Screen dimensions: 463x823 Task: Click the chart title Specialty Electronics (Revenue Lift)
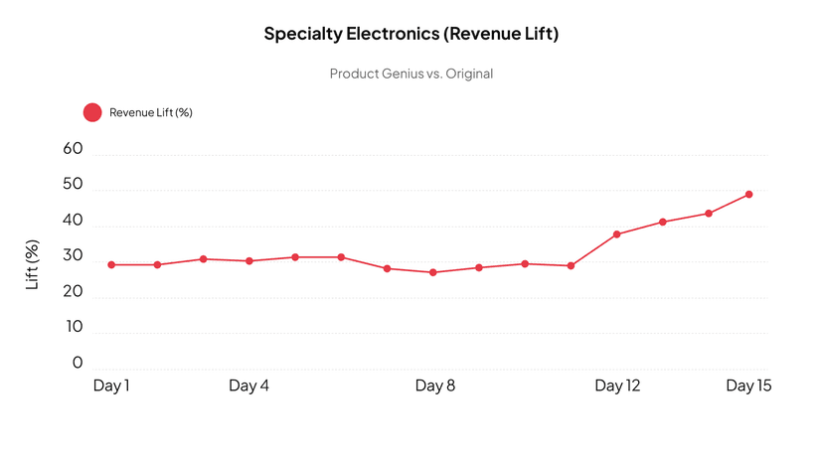click(411, 34)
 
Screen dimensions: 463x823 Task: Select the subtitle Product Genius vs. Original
click(411, 74)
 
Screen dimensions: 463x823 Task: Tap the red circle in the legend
click(92, 112)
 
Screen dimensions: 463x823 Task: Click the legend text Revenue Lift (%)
click(150, 112)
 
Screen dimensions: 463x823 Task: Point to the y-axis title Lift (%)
click(32, 264)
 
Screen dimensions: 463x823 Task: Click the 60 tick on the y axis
click(73, 149)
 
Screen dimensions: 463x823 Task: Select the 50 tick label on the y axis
click(73, 185)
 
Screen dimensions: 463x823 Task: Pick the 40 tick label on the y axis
click(73, 221)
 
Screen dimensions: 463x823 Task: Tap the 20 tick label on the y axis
click(73, 292)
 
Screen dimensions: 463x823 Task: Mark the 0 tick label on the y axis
click(78, 363)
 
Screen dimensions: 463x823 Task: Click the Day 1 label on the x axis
click(111, 386)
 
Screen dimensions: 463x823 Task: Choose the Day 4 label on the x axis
click(248, 386)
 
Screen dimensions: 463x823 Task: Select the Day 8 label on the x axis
click(434, 386)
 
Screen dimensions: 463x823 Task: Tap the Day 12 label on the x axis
click(617, 386)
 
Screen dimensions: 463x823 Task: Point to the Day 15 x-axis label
click(748, 386)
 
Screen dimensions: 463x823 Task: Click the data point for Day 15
click(748, 195)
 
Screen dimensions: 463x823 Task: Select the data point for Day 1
click(111, 265)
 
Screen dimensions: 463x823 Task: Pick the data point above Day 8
click(433, 272)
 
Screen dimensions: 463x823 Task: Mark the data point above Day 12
click(617, 234)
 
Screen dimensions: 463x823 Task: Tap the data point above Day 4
click(249, 261)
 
